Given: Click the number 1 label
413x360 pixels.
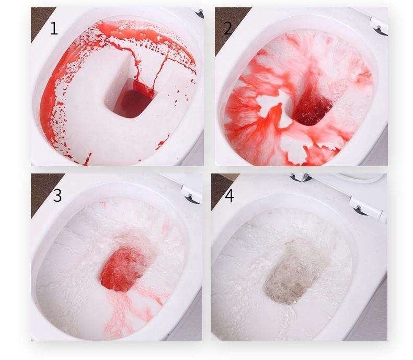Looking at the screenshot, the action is (54, 29).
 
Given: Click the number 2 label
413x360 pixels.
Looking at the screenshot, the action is (228, 28).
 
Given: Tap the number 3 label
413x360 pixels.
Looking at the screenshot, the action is (57, 195).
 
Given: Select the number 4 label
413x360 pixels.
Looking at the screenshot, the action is (230, 196).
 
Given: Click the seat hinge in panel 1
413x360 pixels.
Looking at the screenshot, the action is (199, 13).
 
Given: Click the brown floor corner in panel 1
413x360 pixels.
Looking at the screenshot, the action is (40, 21).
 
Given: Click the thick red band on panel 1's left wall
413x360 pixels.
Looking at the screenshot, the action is (49, 100).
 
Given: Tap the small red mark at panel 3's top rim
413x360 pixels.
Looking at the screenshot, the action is (104, 204).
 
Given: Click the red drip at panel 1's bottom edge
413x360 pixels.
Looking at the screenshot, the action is (86, 160).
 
